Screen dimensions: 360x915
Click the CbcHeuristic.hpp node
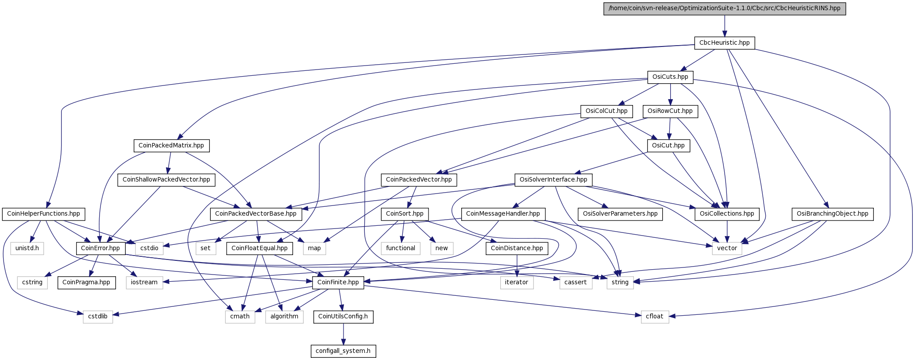(x=724, y=43)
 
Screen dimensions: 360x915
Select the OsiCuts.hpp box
(x=670, y=77)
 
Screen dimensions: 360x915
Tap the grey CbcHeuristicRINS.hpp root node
(x=724, y=8)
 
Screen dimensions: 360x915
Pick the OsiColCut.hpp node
(x=606, y=111)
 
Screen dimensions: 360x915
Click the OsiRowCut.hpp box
(x=670, y=111)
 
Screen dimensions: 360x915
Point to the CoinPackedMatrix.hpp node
(x=171, y=145)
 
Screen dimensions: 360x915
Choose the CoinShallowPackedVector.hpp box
(x=166, y=179)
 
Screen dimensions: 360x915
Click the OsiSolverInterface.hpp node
(x=553, y=179)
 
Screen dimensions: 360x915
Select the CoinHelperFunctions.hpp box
(x=43, y=214)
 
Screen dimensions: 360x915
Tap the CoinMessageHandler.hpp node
(x=503, y=214)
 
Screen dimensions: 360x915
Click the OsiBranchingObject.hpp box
(x=832, y=214)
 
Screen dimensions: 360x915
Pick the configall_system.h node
(x=343, y=351)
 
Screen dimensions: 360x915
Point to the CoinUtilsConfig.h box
(x=343, y=316)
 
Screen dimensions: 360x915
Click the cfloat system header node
(x=654, y=316)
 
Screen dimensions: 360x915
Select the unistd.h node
(x=27, y=248)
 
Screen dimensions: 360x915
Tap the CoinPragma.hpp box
(x=86, y=282)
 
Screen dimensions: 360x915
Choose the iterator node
(x=517, y=282)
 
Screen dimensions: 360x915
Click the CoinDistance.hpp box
(x=517, y=248)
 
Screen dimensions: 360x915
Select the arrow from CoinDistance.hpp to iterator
(x=517, y=265)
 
